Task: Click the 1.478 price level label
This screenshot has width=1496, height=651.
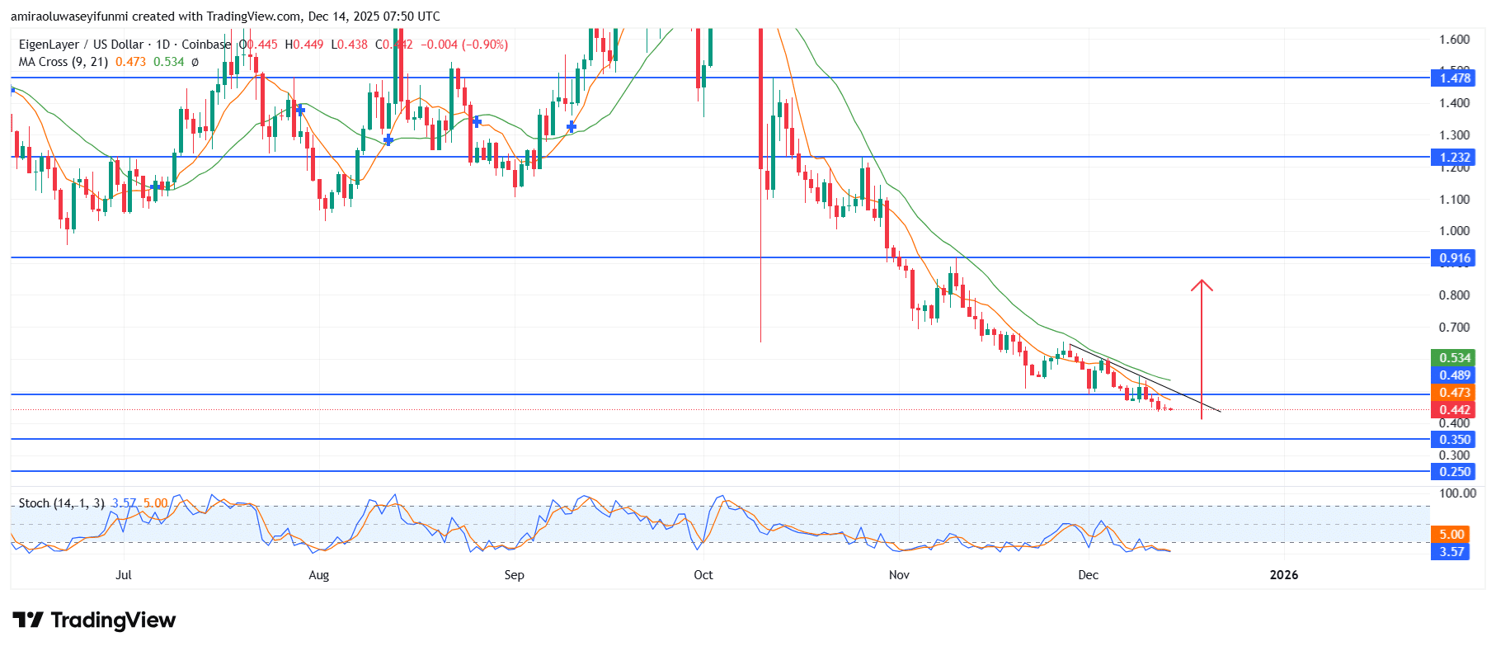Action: point(1454,78)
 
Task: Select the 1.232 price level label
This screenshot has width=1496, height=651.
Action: point(1454,158)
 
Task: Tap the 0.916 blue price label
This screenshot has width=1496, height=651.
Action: point(1454,258)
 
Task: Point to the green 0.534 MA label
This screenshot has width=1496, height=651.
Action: point(1454,358)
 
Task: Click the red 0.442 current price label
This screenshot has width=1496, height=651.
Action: point(1454,410)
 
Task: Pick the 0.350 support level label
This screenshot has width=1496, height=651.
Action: point(1454,440)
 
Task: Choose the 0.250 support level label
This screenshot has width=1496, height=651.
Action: point(1454,472)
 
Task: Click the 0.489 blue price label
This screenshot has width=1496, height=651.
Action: point(1454,375)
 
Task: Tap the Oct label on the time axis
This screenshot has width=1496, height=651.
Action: point(703,575)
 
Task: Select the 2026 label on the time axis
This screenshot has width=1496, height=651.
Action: point(1283,575)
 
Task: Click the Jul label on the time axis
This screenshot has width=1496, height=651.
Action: point(123,575)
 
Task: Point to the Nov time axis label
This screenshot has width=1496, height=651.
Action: point(899,575)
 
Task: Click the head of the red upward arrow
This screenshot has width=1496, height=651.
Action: point(1202,285)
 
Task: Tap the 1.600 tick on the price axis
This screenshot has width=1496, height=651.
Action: point(1454,40)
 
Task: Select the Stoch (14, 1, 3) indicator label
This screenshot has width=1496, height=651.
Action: point(61,503)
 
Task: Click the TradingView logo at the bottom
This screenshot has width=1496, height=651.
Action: point(94,620)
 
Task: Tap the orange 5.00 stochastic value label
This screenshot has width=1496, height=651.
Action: point(1451,535)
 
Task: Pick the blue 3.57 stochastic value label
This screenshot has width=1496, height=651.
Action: point(1451,552)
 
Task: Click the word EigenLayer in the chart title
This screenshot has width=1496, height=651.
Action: point(49,45)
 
